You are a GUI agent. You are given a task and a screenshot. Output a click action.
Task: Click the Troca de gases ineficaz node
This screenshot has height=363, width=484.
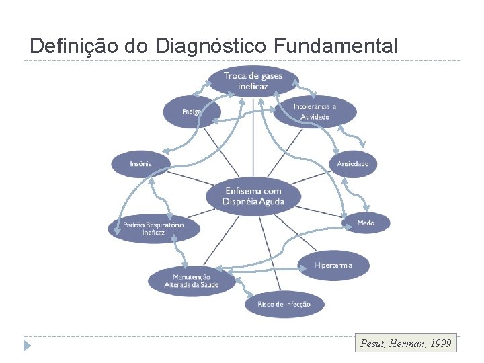(x=253, y=81)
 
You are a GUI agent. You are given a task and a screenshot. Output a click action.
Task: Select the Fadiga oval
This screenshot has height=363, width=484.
(x=191, y=112)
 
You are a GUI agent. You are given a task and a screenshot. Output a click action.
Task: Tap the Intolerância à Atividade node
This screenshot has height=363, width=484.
(x=315, y=112)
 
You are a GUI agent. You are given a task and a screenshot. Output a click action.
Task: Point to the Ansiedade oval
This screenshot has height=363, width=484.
(x=353, y=164)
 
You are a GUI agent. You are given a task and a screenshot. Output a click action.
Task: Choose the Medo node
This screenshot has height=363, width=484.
(x=366, y=223)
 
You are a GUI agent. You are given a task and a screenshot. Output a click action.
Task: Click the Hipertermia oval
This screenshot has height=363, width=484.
(x=333, y=265)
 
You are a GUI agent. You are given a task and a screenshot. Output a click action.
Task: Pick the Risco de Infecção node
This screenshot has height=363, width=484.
(x=284, y=305)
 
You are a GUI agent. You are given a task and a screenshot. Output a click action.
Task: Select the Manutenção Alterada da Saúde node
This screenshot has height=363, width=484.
(x=192, y=281)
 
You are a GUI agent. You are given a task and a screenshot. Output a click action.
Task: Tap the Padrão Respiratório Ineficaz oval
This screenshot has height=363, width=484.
(x=153, y=228)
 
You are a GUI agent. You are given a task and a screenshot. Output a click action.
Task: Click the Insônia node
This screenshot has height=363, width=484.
(x=141, y=164)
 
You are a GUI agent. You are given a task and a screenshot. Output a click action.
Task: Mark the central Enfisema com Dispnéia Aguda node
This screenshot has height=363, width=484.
(x=254, y=196)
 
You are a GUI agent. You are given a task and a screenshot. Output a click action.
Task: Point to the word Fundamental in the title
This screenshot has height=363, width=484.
(x=335, y=46)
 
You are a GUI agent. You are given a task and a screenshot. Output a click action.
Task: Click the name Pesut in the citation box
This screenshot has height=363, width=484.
(x=373, y=344)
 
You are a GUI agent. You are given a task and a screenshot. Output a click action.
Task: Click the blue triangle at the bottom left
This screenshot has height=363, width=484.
(x=27, y=346)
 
